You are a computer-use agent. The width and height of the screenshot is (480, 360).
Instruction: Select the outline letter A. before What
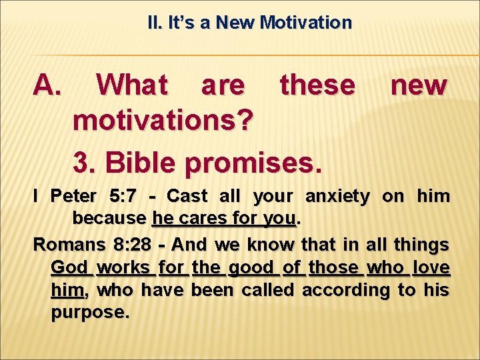click(47, 85)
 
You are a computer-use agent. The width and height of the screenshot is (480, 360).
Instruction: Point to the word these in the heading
click(318, 85)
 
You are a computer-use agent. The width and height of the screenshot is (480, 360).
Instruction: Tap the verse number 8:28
click(128, 244)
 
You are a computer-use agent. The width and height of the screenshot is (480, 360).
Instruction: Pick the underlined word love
click(431, 267)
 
